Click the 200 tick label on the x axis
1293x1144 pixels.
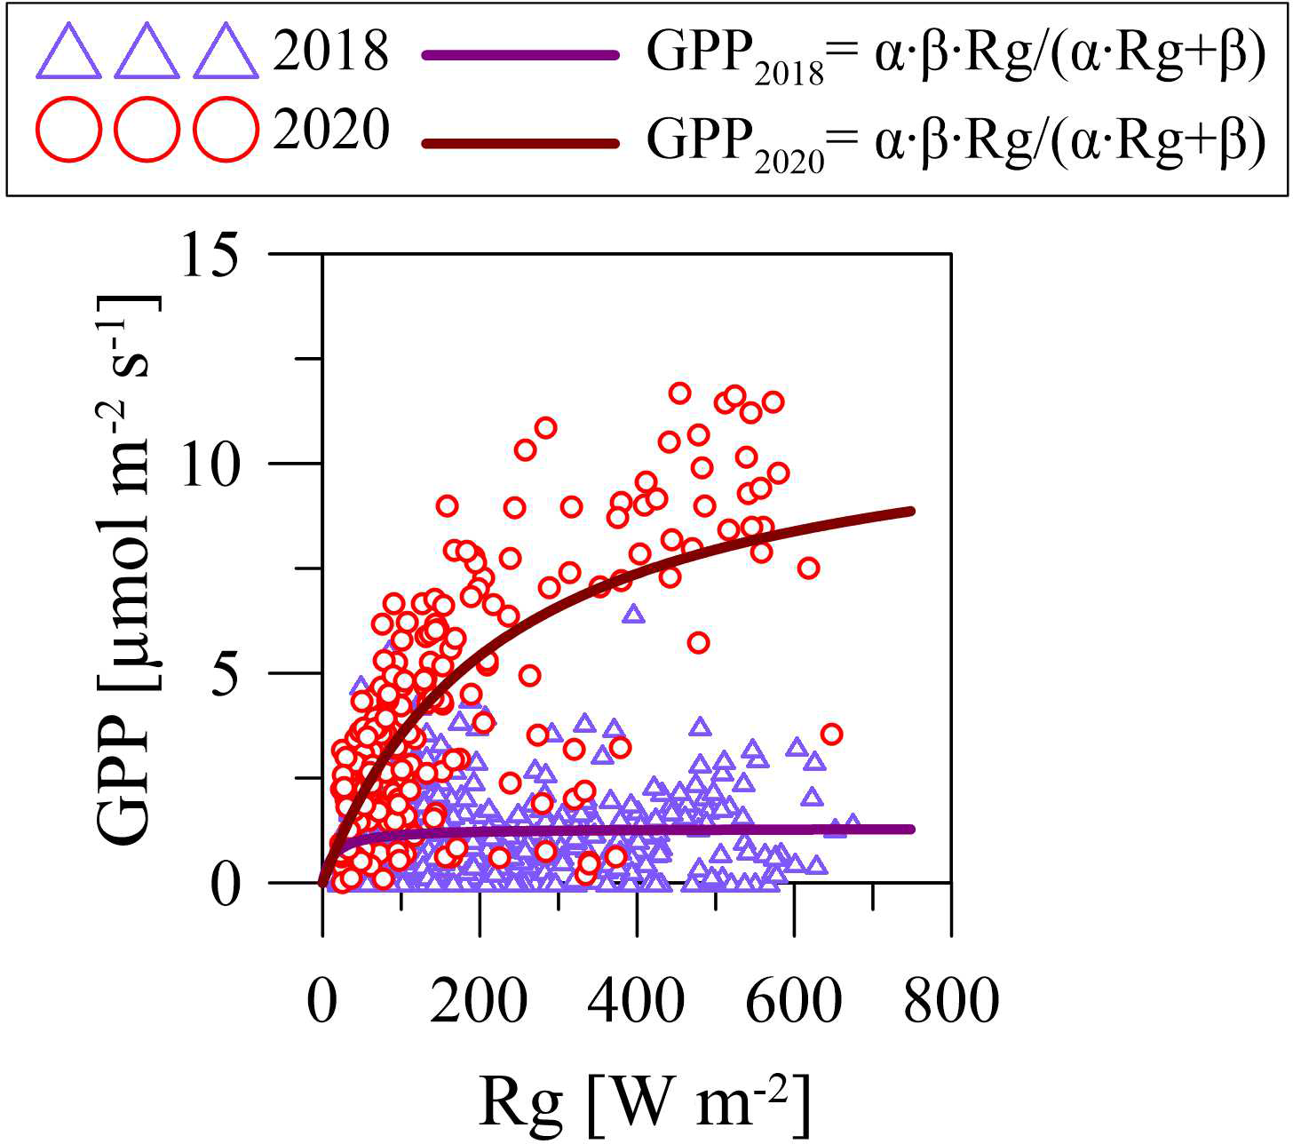(x=480, y=1003)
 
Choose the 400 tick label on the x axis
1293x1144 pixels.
(x=638, y=1003)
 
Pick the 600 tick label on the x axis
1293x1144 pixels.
(x=795, y=1003)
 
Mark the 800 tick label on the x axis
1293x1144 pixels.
(x=951, y=1003)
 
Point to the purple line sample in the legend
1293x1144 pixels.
(x=520, y=55)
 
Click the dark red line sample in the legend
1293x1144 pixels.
(x=520, y=142)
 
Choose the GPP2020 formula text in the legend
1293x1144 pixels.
(x=956, y=139)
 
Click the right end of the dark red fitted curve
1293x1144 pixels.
(x=912, y=511)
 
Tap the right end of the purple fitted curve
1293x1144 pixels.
(x=912, y=830)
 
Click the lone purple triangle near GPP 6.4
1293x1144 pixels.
(x=633, y=614)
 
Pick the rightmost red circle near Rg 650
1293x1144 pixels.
(x=831, y=734)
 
